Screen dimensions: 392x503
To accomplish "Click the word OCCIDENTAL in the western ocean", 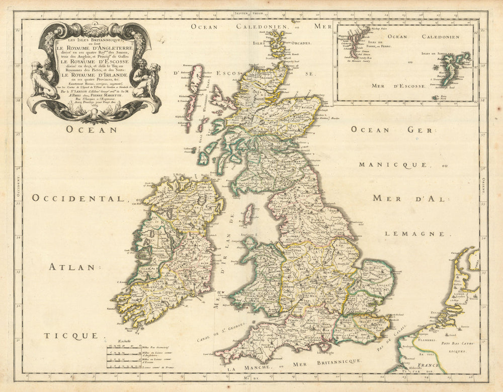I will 78,198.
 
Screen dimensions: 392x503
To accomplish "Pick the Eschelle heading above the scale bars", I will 124,341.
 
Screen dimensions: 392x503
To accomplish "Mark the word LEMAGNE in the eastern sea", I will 415,233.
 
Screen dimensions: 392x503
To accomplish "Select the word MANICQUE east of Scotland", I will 393,165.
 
